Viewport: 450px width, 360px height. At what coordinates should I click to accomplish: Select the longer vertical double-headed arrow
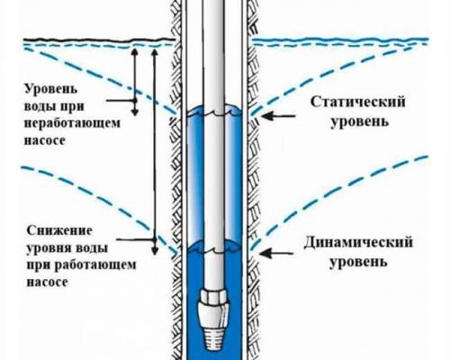[155, 144]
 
